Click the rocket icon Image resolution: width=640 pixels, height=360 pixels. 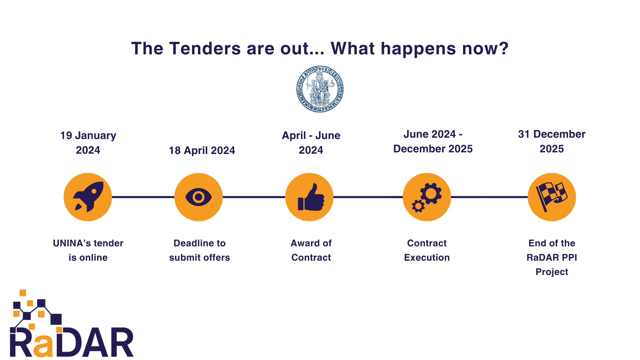88,197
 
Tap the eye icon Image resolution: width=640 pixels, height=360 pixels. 199,197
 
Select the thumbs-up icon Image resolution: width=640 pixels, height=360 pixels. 311,198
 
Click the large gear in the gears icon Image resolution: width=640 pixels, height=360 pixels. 431,193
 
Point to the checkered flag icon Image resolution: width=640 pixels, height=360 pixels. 552,197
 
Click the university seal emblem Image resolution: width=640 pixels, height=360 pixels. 320,89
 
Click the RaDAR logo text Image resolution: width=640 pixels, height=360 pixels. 72,342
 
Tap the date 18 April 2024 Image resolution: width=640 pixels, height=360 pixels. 202,150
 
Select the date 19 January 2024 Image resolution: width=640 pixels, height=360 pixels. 88,143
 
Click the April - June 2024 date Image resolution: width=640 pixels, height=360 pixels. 311,143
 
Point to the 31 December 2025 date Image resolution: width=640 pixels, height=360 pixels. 552,141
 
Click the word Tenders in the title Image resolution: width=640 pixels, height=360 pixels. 205,49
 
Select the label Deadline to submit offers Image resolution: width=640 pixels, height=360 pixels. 199,250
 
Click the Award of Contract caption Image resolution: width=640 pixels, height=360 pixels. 311,250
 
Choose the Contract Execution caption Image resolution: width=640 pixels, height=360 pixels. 427,250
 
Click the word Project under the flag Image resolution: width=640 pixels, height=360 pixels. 552,272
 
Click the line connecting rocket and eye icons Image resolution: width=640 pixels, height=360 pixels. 143,197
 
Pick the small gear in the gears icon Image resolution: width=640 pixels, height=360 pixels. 418,206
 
